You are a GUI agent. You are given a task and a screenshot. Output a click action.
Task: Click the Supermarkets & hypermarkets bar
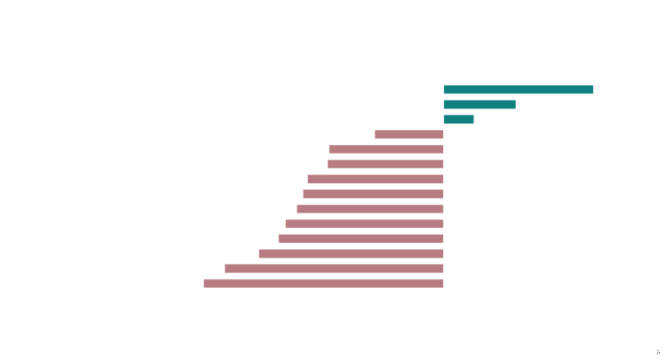tap(519, 89)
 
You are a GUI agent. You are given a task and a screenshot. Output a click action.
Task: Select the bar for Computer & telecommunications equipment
tap(480, 104)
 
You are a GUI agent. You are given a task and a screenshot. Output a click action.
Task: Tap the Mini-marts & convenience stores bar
tap(459, 119)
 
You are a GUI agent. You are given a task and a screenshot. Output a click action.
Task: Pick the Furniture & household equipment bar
tap(408, 134)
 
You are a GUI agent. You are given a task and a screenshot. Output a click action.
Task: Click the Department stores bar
tap(323, 283)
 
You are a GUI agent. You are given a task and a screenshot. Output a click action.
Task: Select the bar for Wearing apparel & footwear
tap(334, 268)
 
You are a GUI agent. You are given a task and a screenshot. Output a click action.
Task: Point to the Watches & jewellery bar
tap(350, 253)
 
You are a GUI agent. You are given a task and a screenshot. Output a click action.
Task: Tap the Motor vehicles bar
tap(361, 239)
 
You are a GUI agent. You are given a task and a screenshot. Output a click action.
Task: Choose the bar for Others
tap(369, 209)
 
